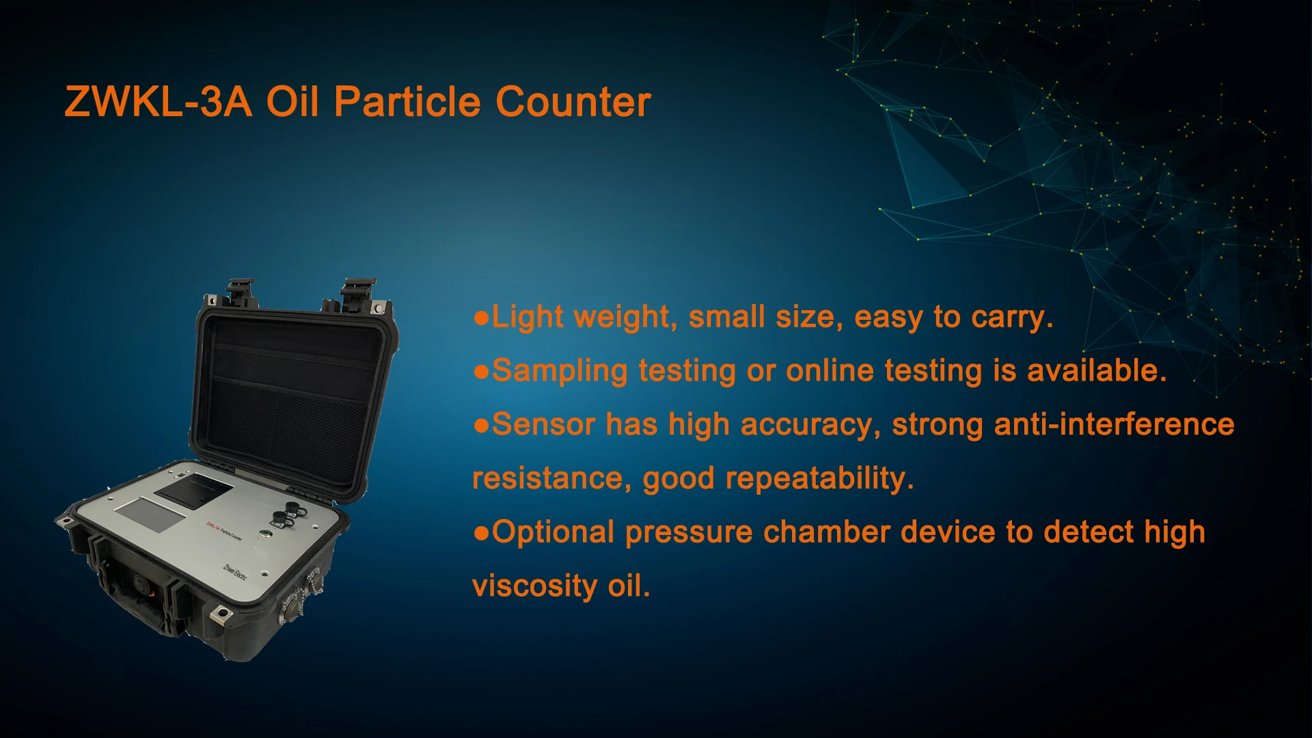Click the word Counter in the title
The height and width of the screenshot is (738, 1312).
pos(573,102)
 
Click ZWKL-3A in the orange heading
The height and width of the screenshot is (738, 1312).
pos(158,102)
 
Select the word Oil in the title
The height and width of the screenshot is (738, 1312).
pos(292,102)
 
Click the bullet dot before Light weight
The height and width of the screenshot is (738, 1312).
pos(482,318)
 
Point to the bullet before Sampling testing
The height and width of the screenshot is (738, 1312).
pos(482,372)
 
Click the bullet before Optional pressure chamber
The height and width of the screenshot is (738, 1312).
pos(482,533)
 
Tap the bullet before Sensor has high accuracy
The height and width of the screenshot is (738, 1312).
pos(482,426)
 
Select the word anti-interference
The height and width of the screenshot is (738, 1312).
pos(1114,424)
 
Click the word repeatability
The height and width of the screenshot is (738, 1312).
pos(819,479)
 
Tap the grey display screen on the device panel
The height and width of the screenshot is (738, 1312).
pos(151,515)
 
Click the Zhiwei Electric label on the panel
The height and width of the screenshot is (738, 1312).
pos(235,572)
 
